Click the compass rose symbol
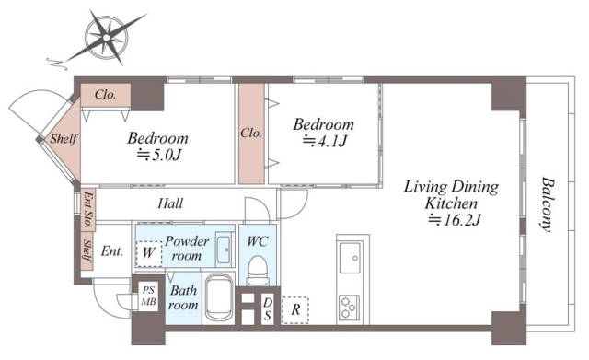click(x=107, y=37)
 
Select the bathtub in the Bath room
click(x=219, y=297)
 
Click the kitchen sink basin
click(x=351, y=258)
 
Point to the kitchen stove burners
click(x=350, y=308)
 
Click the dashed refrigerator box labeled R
click(x=295, y=310)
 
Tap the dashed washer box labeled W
click(x=149, y=253)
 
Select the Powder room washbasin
click(x=225, y=250)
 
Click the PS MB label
click(x=148, y=296)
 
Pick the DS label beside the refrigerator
click(x=268, y=308)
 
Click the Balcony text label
click(x=548, y=204)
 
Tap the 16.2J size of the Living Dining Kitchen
click(x=455, y=220)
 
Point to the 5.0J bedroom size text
click(x=159, y=155)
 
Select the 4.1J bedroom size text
click(x=325, y=141)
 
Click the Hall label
click(x=170, y=203)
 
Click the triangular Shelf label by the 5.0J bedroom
click(x=64, y=139)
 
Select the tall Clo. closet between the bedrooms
click(x=251, y=134)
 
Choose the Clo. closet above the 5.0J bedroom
click(x=106, y=94)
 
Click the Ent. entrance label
click(x=112, y=250)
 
